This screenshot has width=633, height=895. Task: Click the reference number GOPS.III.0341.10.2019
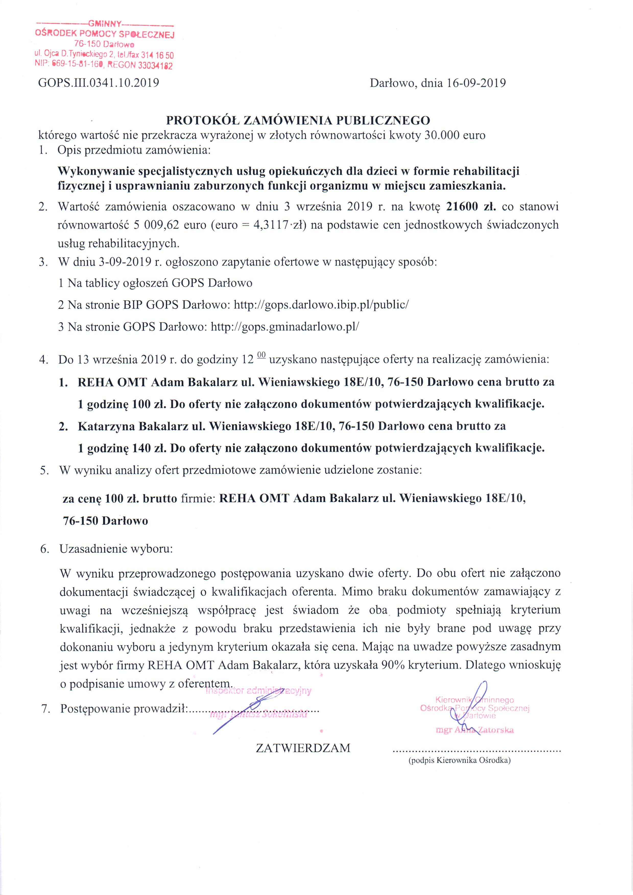pyautogui.click(x=98, y=83)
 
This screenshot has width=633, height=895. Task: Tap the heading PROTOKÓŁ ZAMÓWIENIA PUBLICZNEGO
pyautogui.click(x=298, y=120)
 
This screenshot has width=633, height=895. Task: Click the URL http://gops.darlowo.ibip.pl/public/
pyautogui.click(x=321, y=304)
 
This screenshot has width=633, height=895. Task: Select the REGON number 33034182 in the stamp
pyautogui.click(x=155, y=66)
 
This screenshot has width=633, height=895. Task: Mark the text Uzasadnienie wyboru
pyautogui.click(x=116, y=549)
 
